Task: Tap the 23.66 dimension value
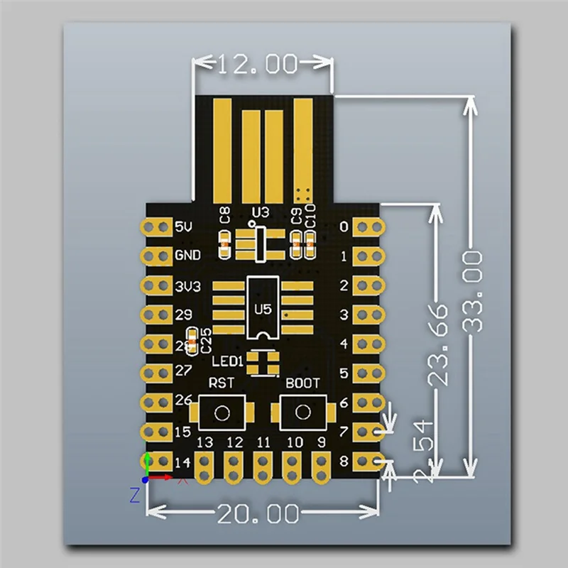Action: click(439, 344)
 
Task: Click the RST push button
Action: click(222, 413)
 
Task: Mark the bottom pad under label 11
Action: click(263, 465)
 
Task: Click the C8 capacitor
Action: click(225, 245)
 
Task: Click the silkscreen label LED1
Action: click(228, 361)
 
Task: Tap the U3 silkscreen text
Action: click(261, 212)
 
